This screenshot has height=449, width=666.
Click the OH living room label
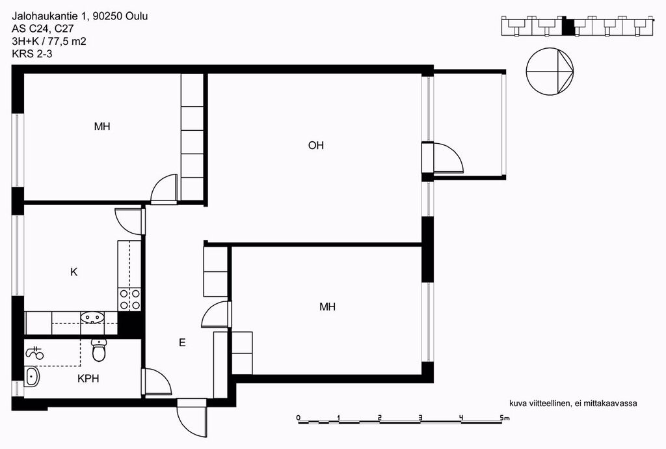click(315, 145)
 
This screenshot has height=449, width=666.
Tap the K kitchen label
click(74, 272)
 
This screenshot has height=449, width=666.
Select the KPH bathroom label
click(88, 379)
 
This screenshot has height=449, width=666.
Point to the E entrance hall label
click(182, 342)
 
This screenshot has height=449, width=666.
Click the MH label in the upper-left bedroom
click(102, 126)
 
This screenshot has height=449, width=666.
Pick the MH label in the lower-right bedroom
click(328, 306)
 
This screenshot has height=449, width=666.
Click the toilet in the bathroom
click(99, 350)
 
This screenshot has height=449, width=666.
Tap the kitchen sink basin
click(92, 318)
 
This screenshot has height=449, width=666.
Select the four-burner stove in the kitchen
click(130, 299)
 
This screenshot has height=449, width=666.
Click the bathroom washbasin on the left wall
click(32, 376)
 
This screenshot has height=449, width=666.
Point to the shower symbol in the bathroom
click(35, 353)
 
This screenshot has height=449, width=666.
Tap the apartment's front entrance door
click(192, 418)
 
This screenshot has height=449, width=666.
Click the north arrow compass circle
click(549, 71)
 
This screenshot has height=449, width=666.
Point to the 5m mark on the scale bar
click(505, 418)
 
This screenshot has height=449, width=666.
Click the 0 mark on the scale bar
click(298, 418)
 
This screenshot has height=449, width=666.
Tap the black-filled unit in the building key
click(567, 27)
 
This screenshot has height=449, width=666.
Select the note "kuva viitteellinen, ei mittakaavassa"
click(573, 403)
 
